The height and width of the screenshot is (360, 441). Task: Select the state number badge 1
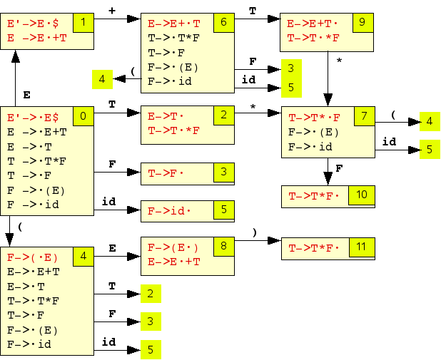coord(83,23)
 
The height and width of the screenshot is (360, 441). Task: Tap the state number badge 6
coord(223,23)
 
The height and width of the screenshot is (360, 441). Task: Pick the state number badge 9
coord(362,23)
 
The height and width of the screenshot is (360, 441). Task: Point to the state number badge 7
coord(364,115)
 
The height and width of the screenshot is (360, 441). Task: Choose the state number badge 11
coord(362,247)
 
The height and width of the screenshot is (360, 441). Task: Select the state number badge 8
coord(223,247)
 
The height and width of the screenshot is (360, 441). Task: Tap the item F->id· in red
coord(169,211)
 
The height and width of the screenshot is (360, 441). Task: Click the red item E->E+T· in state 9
coord(313,24)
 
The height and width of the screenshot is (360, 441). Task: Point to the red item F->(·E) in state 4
coord(32,257)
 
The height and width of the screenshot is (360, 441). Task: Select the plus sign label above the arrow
coord(111,10)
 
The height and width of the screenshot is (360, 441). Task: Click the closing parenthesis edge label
coord(254,232)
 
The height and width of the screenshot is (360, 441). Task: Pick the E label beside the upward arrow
coord(26,94)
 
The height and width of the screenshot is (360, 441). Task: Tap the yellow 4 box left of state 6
coord(102,79)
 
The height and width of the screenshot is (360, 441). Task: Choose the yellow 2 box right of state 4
coord(150,294)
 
